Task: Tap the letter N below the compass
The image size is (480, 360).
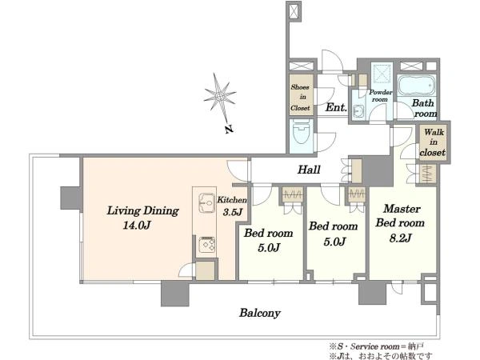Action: [229, 129]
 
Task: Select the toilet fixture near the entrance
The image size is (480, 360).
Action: [302, 135]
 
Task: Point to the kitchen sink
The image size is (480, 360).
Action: [206, 202]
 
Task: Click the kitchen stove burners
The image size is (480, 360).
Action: [207, 244]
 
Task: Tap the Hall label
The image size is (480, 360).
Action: [309, 170]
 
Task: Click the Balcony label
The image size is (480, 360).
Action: [260, 313]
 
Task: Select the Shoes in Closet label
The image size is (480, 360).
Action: [300, 98]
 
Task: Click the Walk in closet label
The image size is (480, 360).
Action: [433, 142]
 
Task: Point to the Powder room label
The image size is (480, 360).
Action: [380, 95]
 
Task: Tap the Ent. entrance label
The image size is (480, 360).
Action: [336, 107]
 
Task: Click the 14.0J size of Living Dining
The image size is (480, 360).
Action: [137, 226]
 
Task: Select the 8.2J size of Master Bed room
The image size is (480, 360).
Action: [400, 238]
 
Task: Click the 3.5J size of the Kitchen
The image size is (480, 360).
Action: [233, 212]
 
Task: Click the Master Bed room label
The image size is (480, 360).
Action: [401, 216]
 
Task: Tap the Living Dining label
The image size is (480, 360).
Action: [142, 211]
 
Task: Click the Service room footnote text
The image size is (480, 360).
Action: [377, 346]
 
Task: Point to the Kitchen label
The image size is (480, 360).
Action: [232, 200]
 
